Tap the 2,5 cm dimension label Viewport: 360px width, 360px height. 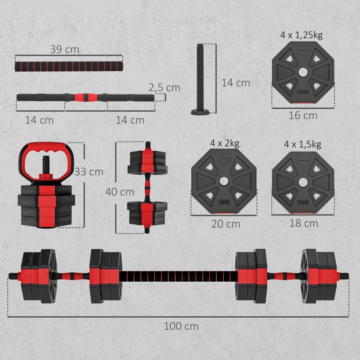click(165, 87)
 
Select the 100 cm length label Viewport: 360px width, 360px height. click(181, 326)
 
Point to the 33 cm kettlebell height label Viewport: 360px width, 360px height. click(89, 171)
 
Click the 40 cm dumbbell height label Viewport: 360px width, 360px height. click(120, 192)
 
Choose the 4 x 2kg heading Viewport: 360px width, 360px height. click(224, 144)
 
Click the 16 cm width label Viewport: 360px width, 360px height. click(303, 116)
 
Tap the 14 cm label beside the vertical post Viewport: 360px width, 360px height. click(235, 83)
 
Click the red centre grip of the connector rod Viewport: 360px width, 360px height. click(82, 96)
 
